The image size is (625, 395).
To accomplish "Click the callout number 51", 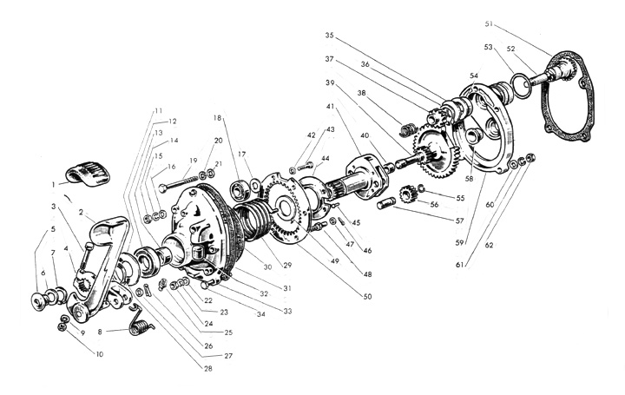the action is tap(489, 24).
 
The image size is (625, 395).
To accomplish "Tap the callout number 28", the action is tap(208, 369).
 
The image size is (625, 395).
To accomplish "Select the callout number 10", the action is tap(99, 354).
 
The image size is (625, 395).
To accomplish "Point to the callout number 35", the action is tap(329, 35).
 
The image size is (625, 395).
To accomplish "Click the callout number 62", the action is tap(489, 245).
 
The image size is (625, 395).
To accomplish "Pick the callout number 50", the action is tap(367, 297).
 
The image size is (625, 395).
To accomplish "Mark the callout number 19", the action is tap(194, 161).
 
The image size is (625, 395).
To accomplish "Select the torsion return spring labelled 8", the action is tap(141, 321).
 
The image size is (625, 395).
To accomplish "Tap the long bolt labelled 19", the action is tap(179, 183).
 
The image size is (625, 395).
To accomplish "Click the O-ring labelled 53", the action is tap(521, 85).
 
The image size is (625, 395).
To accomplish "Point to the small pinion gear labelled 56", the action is tap(407, 194).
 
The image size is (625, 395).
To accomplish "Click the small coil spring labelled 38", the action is tap(407, 130).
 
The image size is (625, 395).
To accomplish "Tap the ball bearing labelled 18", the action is tap(240, 190).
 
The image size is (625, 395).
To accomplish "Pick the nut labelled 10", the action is tap(62, 326).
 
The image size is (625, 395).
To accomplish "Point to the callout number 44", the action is tap(326, 159).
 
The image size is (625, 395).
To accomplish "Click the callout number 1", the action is tap(53, 185).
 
